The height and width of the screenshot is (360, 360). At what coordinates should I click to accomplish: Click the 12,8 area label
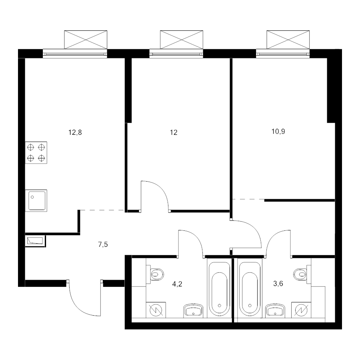click(x=75, y=132)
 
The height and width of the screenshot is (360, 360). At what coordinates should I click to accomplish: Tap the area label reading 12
click(x=174, y=132)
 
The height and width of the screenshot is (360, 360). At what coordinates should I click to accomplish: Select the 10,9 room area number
click(x=278, y=132)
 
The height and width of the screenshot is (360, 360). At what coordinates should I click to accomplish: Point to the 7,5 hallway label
click(x=103, y=244)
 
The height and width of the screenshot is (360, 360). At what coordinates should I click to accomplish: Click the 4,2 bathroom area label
click(x=177, y=284)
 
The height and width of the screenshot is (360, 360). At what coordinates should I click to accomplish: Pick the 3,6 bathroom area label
click(x=278, y=284)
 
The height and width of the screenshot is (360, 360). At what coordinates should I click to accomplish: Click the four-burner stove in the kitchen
click(x=36, y=153)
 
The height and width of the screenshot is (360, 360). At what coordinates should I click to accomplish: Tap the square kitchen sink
click(x=36, y=201)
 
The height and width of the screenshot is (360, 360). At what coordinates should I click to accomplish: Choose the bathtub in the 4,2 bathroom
click(x=219, y=290)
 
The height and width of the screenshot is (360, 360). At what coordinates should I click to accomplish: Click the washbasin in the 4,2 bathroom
click(x=193, y=310)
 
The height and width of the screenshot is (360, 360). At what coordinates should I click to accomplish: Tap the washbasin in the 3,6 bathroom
click(x=275, y=310)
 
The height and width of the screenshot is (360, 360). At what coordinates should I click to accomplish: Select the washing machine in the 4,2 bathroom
click(x=156, y=310)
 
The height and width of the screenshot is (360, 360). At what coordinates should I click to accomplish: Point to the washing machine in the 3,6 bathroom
click(x=301, y=310)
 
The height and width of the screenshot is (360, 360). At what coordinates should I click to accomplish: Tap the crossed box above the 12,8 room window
click(x=86, y=40)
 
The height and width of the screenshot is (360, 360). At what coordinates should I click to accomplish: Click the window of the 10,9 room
click(x=283, y=54)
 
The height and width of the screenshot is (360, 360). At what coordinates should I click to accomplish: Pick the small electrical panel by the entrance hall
click(x=35, y=241)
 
